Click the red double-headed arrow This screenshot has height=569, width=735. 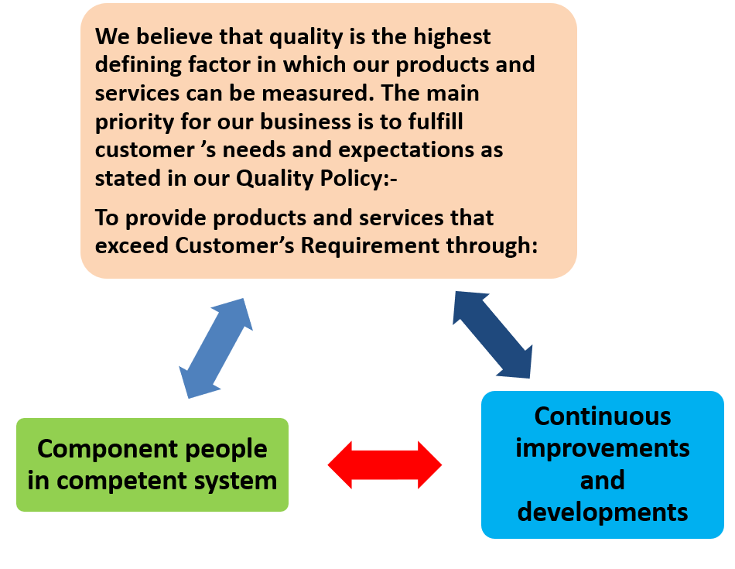(x=385, y=464)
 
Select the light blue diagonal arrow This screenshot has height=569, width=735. (x=216, y=348)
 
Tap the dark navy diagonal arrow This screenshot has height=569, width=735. (x=493, y=334)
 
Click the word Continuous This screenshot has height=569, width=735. (x=603, y=416)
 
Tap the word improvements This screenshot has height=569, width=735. (x=603, y=448)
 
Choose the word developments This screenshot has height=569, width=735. (x=603, y=512)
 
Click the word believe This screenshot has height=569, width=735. (x=174, y=36)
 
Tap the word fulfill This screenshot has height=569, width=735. (x=436, y=122)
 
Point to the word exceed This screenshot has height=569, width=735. (x=132, y=245)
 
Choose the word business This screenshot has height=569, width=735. (x=306, y=122)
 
